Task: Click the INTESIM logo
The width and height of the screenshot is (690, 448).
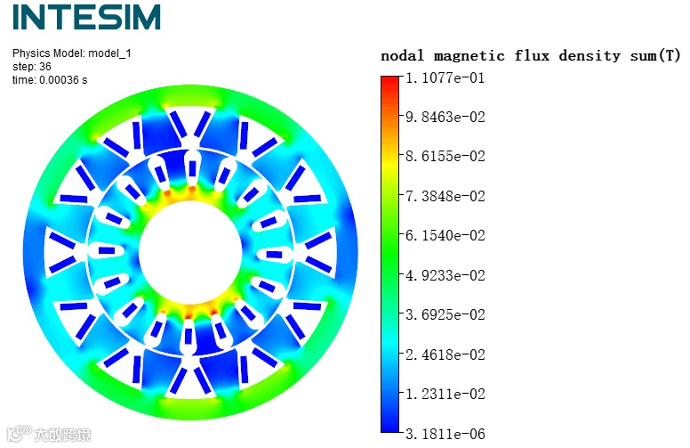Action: tap(86, 17)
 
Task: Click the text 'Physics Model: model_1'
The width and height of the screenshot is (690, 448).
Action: tap(72, 53)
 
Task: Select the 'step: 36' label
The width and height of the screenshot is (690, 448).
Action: tap(32, 67)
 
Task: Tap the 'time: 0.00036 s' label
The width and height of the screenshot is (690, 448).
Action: tap(50, 80)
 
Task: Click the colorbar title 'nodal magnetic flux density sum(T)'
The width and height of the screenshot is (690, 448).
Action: tap(530, 56)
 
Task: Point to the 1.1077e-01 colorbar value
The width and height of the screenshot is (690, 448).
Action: tap(445, 78)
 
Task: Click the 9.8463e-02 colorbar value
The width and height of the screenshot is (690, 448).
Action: tap(445, 117)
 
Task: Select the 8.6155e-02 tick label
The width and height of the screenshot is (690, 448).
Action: tap(445, 156)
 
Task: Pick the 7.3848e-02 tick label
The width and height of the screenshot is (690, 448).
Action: tap(445, 196)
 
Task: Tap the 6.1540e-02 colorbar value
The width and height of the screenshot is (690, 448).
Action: tap(445, 235)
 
